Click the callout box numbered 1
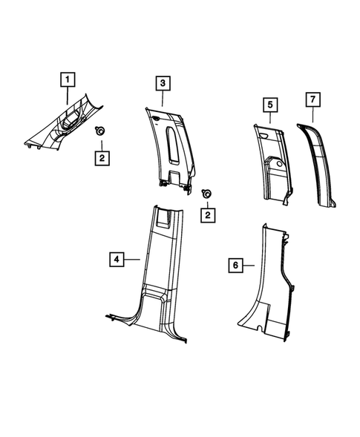68,79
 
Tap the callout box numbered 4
116,259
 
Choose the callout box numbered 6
235,264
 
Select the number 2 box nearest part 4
209,215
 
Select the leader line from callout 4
132,259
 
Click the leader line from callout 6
249,264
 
